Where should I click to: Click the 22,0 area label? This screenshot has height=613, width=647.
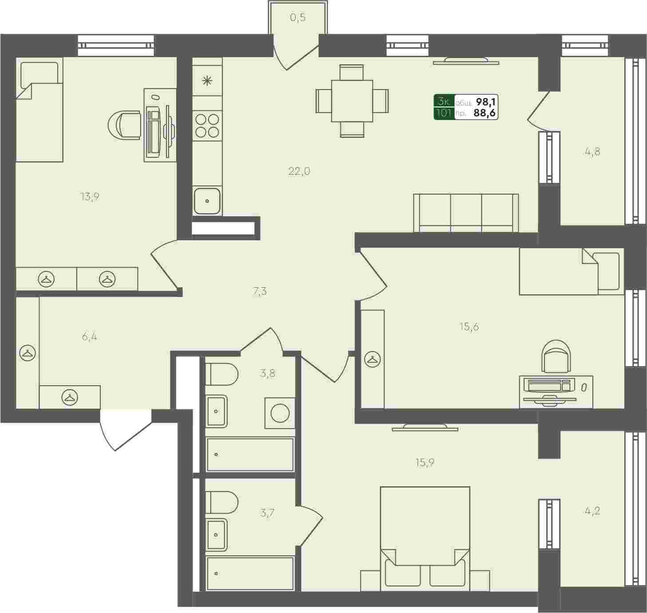(x=299, y=171)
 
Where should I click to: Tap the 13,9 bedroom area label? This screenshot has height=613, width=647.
(x=90, y=197)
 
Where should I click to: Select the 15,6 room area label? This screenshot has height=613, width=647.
(x=469, y=327)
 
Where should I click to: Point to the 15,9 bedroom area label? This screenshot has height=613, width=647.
(x=425, y=463)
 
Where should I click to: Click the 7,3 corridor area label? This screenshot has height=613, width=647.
(x=260, y=292)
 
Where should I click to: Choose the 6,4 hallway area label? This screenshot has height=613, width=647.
(x=90, y=336)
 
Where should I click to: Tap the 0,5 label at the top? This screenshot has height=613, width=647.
(x=298, y=17)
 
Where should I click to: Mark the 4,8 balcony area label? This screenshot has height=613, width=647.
(x=592, y=152)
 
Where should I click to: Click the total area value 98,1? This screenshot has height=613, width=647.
(x=486, y=102)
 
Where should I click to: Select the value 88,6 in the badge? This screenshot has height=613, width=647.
(x=485, y=113)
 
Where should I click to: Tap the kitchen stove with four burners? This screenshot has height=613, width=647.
(x=207, y=125)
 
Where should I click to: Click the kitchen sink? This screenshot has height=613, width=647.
(x=207, y=201)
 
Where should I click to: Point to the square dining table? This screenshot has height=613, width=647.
(x=352, y=101)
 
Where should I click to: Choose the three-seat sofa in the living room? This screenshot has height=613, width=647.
(x=466, y=213)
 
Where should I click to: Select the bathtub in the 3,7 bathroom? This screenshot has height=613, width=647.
(x=250, y=574)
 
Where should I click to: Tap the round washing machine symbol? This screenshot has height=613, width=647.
(x=280, y=413)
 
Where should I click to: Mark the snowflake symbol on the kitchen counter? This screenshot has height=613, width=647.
(x=207, y=81)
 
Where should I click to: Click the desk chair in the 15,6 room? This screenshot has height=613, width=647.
(x=556, y=357)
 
